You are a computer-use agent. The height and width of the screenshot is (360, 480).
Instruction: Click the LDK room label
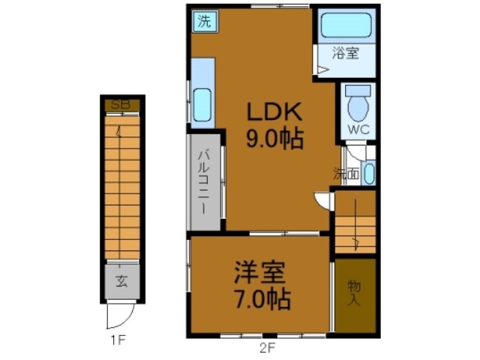[275, 113]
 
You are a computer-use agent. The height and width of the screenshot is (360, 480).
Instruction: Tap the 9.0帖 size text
[275, 139]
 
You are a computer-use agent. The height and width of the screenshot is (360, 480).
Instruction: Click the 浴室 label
[346, 53]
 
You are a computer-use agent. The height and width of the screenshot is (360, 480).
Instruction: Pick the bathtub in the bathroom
[346, 27]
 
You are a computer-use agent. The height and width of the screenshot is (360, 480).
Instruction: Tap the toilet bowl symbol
[359, 105]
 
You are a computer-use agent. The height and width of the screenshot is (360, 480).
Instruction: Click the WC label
[358, 128]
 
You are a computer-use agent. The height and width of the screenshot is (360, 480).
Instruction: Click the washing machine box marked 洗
[204, 21]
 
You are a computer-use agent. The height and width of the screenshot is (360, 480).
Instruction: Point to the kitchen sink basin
[202, 104]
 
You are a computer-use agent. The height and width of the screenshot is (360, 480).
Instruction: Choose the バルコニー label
[204, 180]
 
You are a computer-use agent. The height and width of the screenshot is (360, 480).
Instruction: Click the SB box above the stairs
[121, 105]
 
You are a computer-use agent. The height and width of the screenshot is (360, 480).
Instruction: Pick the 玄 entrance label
[121, 283]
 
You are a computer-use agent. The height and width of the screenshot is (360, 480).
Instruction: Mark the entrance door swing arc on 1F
[119, 313]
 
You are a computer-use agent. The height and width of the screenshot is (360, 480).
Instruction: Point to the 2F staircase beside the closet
[354, 223]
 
